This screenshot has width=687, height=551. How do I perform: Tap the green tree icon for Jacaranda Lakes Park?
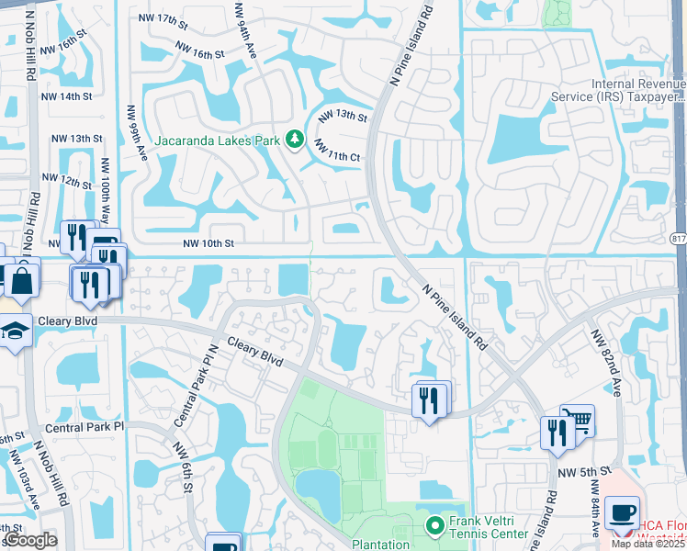pyautogui.click(x=295, y=140)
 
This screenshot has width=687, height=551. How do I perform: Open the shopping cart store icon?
pyautogui.click(x=577, y=421)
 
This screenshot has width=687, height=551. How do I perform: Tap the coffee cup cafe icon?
pyautogui.click(x=622, y=512)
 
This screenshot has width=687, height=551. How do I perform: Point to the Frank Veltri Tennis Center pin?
pyautogui.click(x=436, y=525)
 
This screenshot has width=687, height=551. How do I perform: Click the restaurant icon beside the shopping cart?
pyautogui.click(x=557, y=433)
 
